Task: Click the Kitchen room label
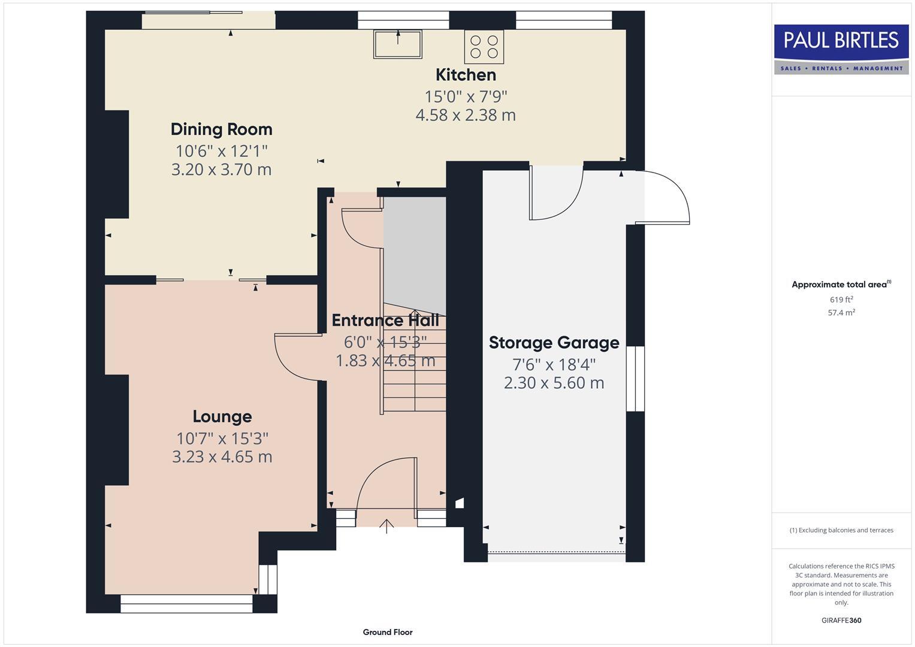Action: tap(466, 75)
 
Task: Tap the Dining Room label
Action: tap(221, 129)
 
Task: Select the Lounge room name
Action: tap(222, 416)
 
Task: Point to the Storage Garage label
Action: tap(554, 343)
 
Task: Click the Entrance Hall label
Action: tap(385, 321)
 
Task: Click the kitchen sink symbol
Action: tap(397, 44)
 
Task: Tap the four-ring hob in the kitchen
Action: tap(484, 47)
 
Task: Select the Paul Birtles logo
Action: tap(841, 49)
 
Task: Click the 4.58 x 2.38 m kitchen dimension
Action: tap(466, 115)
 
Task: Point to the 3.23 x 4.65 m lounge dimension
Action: tap(222, 457)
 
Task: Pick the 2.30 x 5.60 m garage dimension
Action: tap(554, 383)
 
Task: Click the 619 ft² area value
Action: tap(841, 300)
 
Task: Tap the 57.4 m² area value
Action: tap(841, 313)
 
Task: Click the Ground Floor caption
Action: tap(387, 632)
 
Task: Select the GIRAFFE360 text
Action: tap(841, 621)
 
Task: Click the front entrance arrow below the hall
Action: tap(386, 526)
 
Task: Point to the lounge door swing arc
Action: tap(294, 359)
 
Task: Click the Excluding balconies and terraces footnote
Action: tap(841, 530)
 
